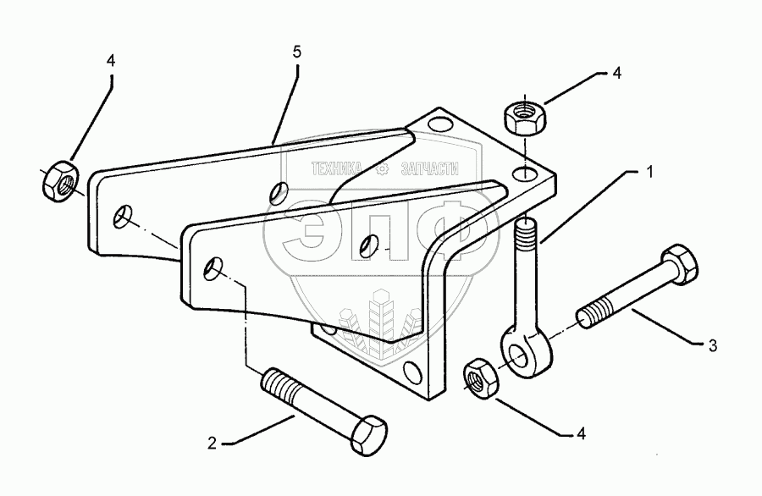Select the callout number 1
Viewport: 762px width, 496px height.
[650, 172]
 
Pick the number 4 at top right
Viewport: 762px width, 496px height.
[616, 74]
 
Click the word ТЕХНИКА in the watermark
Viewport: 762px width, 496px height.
[340, 169]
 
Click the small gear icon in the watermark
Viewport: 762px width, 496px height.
[382, 169]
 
